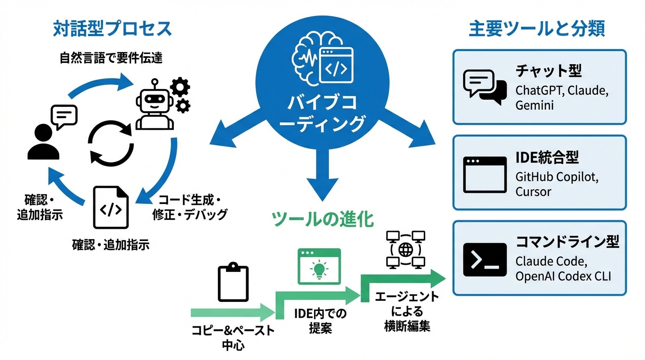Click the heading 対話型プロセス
tap(112, 29)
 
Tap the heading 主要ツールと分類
tap(537, 29)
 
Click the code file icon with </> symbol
tap(111, 208)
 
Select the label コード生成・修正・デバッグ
tap(190, 207)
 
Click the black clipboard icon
tap(233, 283)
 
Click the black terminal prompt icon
tap(484, 259)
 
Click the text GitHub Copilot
tap(557, 177)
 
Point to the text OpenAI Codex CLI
tap(563, 276)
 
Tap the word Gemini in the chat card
tap(534, 105)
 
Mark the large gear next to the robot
tap(180, 87)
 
